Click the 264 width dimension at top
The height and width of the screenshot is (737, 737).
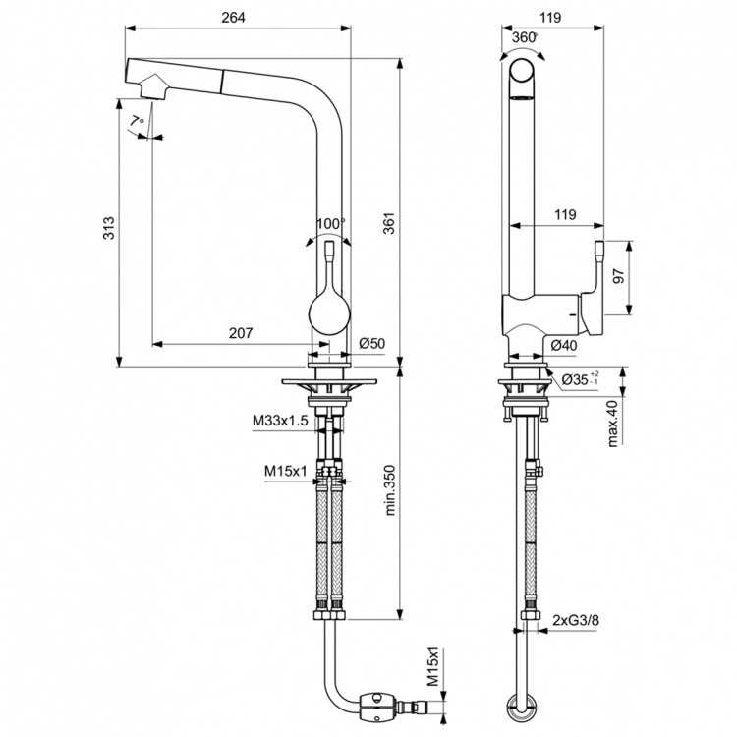(232, 17)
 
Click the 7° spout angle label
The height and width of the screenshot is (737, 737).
(138, 120)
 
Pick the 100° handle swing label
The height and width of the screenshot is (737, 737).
(330, 223)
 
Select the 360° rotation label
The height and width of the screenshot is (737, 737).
(525, 36)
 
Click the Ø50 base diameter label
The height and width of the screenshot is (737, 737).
(370, 343)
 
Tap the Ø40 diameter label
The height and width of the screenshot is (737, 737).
(563, 344)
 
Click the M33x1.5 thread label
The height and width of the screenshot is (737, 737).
(280, 421)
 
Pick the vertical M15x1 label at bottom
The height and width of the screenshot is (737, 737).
(432, 668)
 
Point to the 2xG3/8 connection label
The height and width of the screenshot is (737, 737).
(577, 620)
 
